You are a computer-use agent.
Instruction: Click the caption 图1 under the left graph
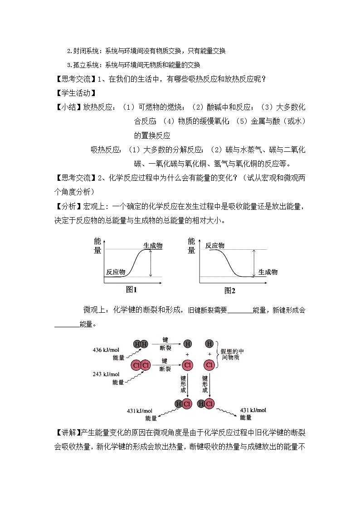tap(131, 290)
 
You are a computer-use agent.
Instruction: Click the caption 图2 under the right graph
tap(230, 291)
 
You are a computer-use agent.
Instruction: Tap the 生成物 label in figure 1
tap(153, 245)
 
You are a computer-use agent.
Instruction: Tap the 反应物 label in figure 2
tap(215, 245)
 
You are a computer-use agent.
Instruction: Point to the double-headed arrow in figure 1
tap(151, 263)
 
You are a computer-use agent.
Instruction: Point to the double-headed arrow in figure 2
tap(253, 263)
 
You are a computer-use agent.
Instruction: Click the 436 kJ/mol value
tap(106, 350)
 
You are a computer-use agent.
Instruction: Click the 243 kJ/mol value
tap(106, 374)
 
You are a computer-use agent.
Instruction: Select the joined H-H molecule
tap(141, 344)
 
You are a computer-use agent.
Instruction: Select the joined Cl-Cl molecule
tap(141, 365)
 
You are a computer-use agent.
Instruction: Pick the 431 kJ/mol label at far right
tap(253, 410)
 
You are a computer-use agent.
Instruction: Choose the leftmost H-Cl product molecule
tap(183, 404)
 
